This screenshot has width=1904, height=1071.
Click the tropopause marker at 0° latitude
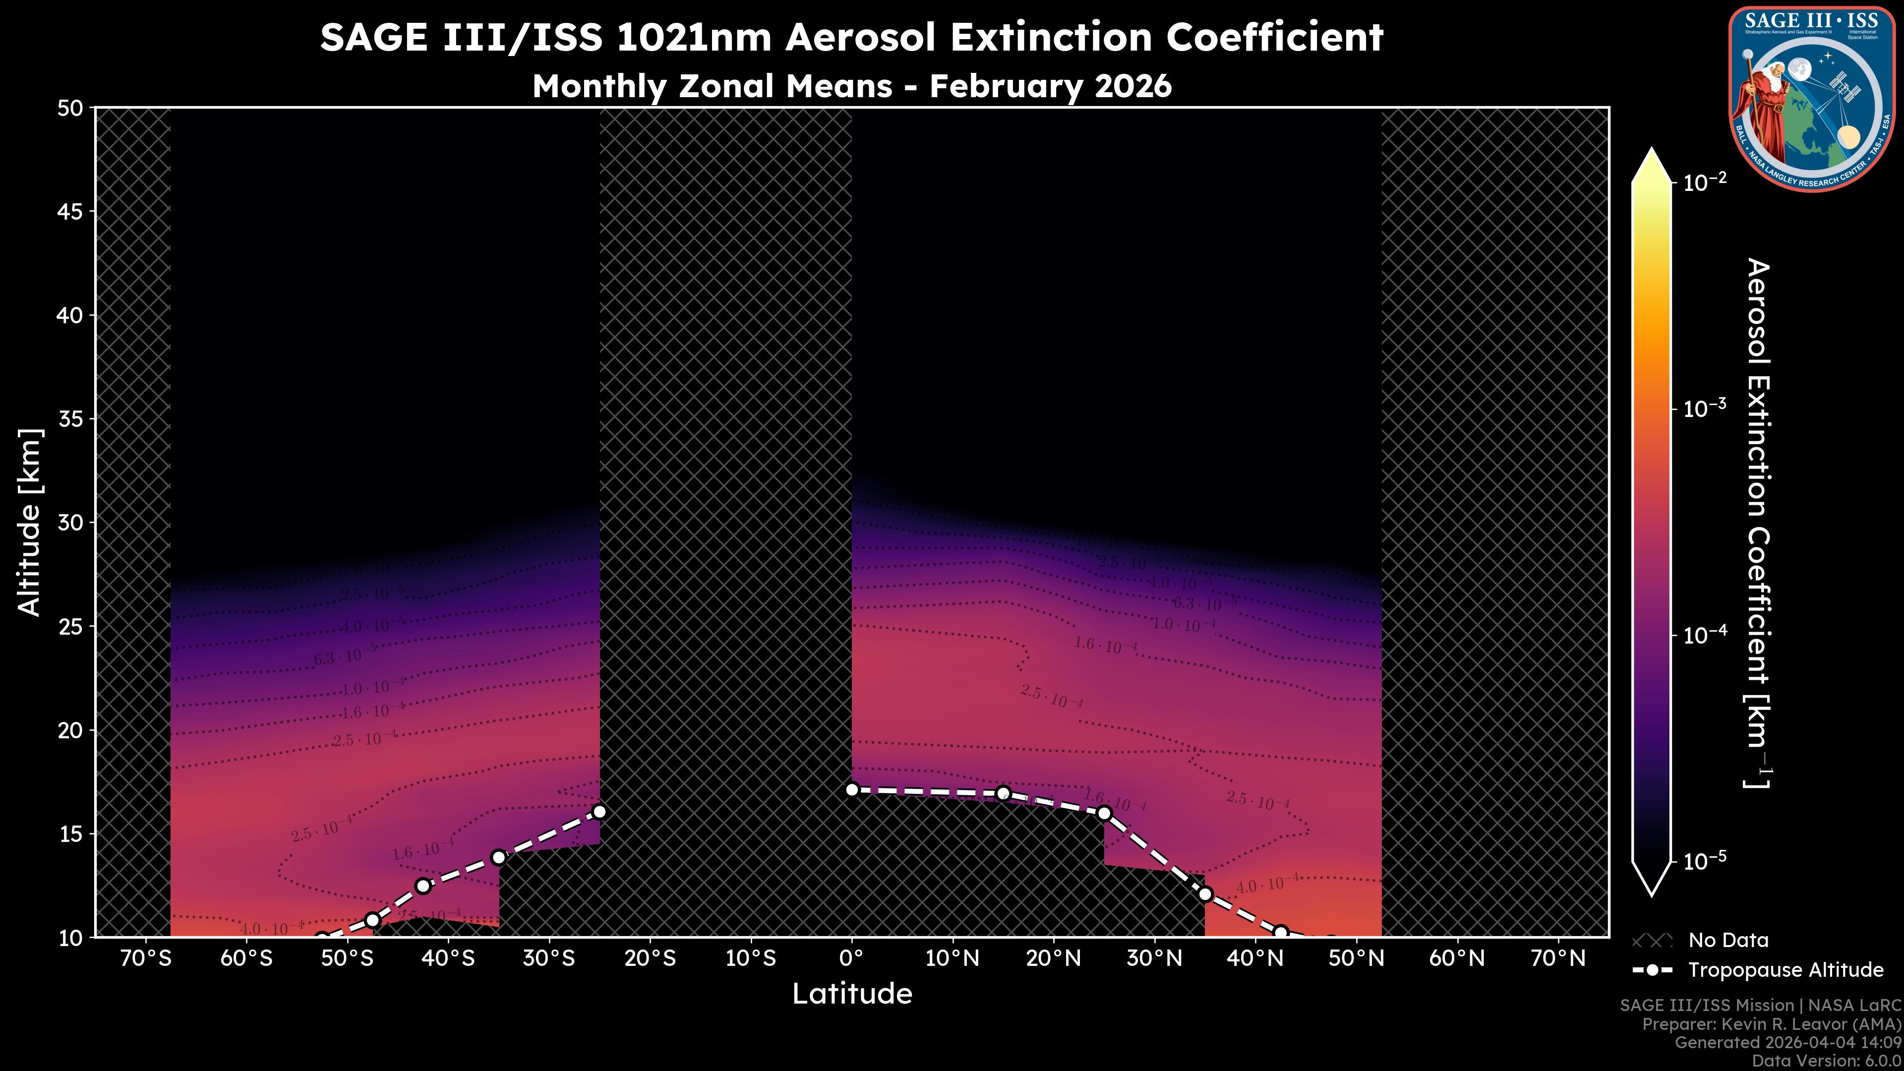[851, 789]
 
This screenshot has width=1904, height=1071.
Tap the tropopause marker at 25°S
[599, 812]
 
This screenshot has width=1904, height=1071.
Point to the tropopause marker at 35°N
[1205, 894]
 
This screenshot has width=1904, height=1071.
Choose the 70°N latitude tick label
[1558, 958]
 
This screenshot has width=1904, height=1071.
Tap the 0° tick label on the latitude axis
[851, 958]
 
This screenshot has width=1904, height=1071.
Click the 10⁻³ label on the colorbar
[1705, 408]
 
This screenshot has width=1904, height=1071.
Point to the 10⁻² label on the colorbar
[1705, 181]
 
